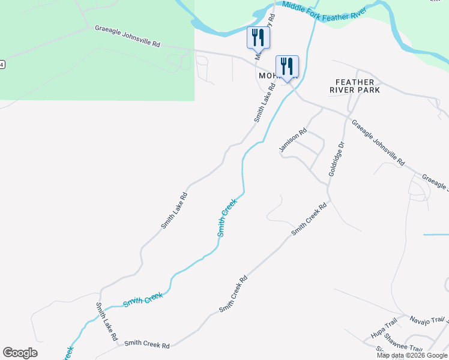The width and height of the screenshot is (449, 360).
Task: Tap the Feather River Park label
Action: pyautogui.click(x=355, y=86)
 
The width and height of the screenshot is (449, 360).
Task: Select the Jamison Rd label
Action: pyautogui.click(x=294, y=140)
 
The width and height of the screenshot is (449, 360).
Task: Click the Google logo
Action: pyautogui.click(x=20, y=353)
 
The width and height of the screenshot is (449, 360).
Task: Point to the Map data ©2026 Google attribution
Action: pyautogui.click(x=412, y=355)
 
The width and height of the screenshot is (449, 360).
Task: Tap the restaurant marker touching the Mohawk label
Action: pyautogui.click(x=287, y=67)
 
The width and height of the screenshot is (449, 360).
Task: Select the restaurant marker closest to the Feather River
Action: pyautogui.click(x=259, y=37)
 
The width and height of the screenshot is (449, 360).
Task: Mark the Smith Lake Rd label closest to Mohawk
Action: pyautogui.click(x=264, y=103)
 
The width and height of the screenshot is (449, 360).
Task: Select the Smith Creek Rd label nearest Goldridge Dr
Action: pyautogui.click(x=309, y=218)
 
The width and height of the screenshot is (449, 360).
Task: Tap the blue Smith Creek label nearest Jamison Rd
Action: pyautogui.click(x=228, y=217)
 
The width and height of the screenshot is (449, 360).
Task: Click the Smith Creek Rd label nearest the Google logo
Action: pyautogui.click(x=147, y=345)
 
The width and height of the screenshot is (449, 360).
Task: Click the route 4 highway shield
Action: pyautogui.click(x=2, y=64)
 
